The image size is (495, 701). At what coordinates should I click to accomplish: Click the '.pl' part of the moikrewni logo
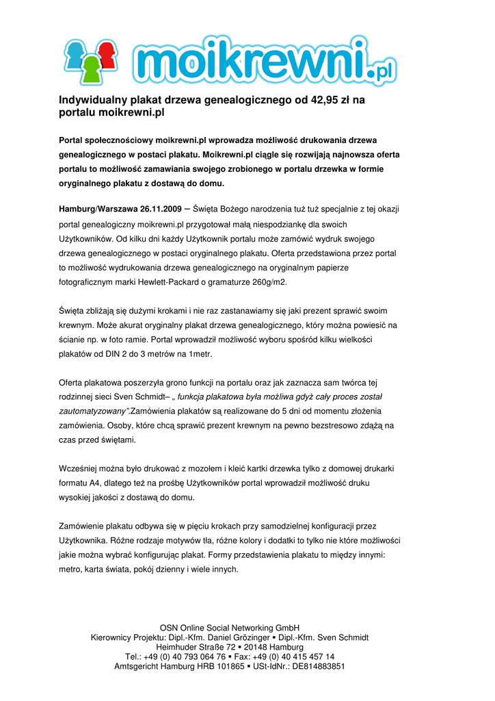pos(381,71)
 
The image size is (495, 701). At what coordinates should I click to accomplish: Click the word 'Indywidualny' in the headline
pos(88,100)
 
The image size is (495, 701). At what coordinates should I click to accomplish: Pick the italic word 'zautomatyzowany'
pos(93,411)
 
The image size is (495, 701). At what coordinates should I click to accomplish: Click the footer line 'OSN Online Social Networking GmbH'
pos(230,627)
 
